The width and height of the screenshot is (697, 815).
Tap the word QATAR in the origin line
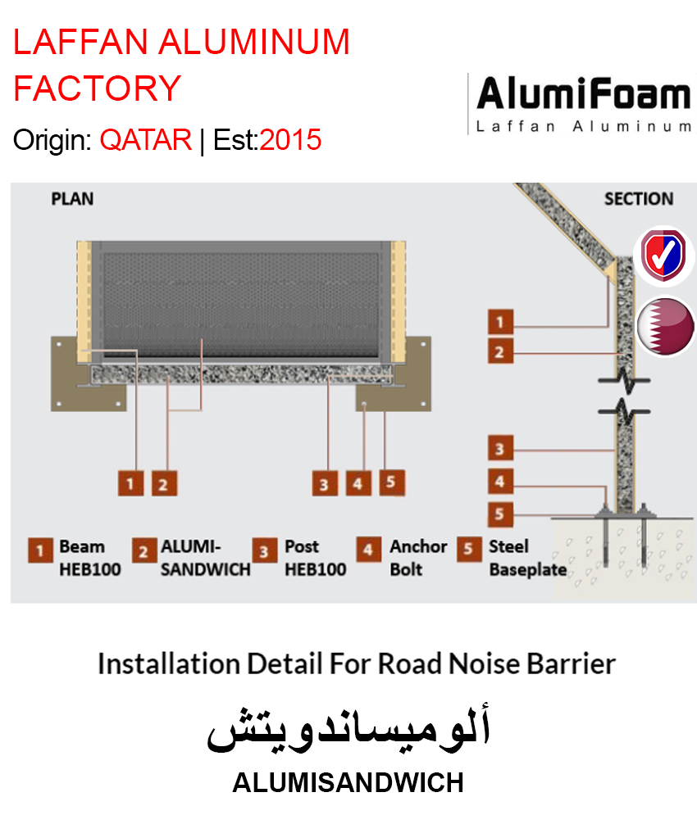(146, 140)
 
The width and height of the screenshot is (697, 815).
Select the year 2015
(291, 140)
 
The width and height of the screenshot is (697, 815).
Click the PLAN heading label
(72, 199)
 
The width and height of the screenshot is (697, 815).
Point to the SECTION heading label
(638, 199)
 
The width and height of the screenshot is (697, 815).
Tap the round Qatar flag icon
(665, 326)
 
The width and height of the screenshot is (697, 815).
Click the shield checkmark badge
(664, 256)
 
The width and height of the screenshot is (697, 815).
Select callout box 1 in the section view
(499, 320)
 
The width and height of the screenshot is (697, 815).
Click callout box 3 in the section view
(499, 449)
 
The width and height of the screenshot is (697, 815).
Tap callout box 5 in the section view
(499, 515)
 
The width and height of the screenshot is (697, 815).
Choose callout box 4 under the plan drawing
(357, 483)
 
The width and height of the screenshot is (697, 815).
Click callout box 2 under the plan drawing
(163, 483)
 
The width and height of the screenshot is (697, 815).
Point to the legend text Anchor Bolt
(418, 558)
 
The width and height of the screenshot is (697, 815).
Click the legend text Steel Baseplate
(527, 558)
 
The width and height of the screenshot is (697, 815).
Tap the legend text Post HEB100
(315, 558)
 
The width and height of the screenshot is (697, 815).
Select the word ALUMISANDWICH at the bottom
(348, 783)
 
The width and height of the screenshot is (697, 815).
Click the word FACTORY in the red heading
(98, 88)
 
